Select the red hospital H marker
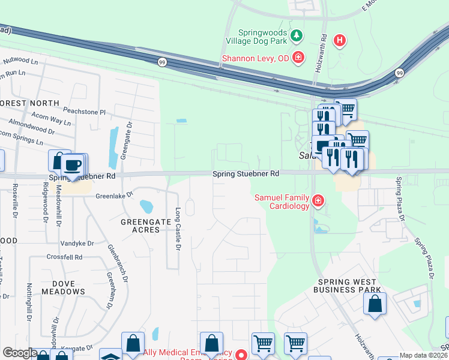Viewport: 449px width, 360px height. coord(340,41)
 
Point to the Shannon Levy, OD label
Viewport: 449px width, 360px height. coord(256,58)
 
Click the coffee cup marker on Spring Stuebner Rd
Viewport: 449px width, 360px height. coord(73,165)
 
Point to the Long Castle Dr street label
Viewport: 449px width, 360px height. coord(178,230)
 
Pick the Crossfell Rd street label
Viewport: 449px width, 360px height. coord(64,257)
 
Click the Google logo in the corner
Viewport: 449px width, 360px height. coord(19,353)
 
